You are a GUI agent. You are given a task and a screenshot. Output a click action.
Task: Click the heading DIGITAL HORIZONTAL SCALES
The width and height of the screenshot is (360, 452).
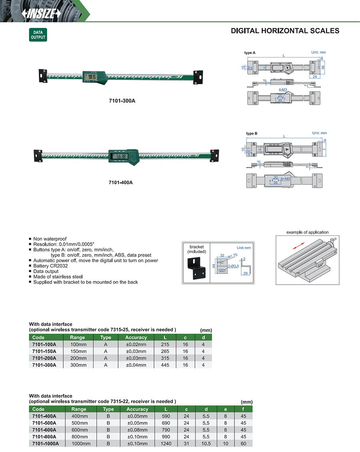pos(285,31)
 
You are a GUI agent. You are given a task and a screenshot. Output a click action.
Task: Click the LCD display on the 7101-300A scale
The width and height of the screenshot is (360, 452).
pos(92,76)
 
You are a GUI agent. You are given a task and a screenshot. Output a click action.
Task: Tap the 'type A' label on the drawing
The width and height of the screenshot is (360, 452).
pos(250,53)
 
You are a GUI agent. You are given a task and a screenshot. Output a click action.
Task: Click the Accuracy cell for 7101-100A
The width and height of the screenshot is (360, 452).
pos(136,344)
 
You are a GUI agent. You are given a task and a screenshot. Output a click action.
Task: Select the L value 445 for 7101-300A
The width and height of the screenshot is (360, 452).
pos(164,365)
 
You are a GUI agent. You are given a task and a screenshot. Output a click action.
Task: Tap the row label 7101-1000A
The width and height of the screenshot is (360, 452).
pos(45,444)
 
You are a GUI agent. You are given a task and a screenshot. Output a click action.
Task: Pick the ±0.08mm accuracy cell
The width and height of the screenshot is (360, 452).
pos(137,430)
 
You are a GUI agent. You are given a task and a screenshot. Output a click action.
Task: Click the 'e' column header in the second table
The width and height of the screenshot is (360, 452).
pos(226,409)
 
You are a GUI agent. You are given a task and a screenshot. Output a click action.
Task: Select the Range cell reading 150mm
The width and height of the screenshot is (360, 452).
pos(78,351)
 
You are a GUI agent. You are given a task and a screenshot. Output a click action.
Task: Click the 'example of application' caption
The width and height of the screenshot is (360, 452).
pos(308,232)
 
